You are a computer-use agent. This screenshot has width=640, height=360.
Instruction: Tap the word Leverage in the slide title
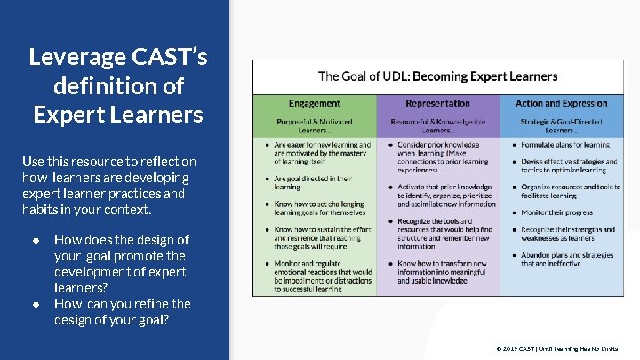point(76,58)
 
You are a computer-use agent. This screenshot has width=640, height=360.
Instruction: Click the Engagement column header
point(314,103)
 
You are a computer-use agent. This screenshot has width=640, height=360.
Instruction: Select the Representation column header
point(437,103)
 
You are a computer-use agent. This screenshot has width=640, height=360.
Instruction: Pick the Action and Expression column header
point(562,103)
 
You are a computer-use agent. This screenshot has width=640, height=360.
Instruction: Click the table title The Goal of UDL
point(437,76)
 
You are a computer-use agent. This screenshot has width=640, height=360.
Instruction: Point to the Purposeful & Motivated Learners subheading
point(314,124)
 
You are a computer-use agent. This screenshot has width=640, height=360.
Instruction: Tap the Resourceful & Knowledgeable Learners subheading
point(437,124)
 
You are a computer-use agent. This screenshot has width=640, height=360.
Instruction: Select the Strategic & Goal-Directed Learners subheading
point(562,124)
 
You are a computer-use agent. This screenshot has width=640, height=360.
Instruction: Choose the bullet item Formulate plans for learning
point(565,144)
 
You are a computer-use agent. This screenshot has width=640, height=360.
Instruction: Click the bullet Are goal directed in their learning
point(314,182)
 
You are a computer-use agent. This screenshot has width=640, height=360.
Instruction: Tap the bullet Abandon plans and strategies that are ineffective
point(567,259)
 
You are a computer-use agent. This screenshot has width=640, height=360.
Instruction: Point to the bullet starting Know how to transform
point(442,272)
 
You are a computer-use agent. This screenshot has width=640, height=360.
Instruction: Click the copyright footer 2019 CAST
point(557,349)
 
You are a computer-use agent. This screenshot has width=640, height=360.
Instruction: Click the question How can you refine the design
point(122,312)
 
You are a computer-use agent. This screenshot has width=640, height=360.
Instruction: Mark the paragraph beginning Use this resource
point(108,185)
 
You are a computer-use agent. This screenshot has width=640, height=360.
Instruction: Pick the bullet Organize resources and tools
point(569,191)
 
